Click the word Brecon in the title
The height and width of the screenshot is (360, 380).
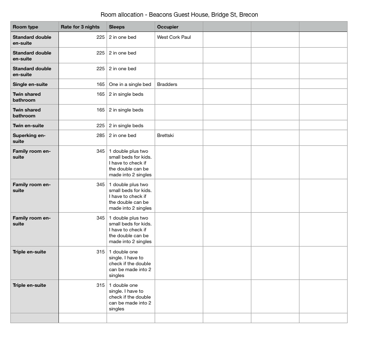coord(248,15)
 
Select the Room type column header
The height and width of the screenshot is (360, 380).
coord(26,27)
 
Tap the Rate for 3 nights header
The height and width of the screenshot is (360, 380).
coord(80,27)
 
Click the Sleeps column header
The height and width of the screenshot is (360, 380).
coord(117,27)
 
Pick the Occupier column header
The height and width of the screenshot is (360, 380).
coord(168,27)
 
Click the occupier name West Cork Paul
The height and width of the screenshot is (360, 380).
coord(174,37)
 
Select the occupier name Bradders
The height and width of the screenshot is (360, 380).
coord(167,84)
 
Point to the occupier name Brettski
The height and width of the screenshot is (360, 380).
coord(165,136)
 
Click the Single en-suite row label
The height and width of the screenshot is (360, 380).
coord(30,84)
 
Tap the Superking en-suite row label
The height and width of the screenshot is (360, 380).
coord(29,138)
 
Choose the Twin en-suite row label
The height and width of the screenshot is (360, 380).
coord(28,126)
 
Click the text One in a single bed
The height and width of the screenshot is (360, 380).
coord(130,84)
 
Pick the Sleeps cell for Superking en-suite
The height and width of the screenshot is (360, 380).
coord(123,136)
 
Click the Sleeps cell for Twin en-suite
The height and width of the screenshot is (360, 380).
coord(126,126)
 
